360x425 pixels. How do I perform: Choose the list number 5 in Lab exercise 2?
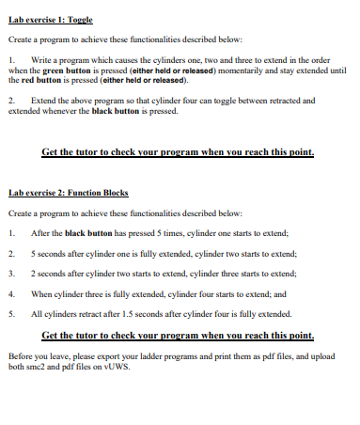[x=11, y=315]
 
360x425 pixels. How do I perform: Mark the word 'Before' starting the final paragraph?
[x=20, y=356]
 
